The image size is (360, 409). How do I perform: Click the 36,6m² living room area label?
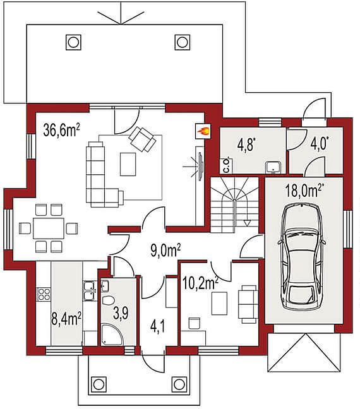tap(62, 130)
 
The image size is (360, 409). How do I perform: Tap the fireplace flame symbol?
tap(203, 131)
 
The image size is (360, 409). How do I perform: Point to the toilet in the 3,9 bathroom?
tap(109, 300)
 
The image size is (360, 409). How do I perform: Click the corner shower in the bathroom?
tap(111, 335)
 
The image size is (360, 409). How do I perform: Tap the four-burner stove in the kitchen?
tap(44, 294)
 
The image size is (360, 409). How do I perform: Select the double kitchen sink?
tap(89, 291)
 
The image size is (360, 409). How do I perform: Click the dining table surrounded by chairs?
tap(49, 228)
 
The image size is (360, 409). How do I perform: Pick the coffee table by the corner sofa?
tap(128, 164)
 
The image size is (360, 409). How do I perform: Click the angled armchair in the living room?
tap(143, 139)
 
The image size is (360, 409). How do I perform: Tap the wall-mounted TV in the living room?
tap(200, 166)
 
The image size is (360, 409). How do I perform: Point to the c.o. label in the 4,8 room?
tap(227, 165)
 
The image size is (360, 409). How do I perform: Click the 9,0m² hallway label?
tap(165, 251)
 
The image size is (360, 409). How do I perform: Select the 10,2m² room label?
tap(201, 283)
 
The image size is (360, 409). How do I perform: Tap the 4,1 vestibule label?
tap(158, 327)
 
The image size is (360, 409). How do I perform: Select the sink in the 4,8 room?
tap(273, 167)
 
